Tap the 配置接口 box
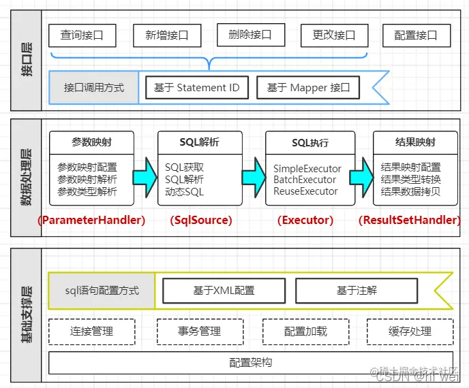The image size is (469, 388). pyautogui.click(x=417, y=35)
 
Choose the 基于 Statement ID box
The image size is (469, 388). pyautogui.click(x=197, y=88)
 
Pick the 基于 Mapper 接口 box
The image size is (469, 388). pyautogui.click(x=308, y=88)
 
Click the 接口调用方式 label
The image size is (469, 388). pyautogui.click(x=94, y=88)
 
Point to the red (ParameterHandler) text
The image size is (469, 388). pyautogui.click(x=91, y=220)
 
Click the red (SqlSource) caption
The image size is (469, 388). pyautogui.click(x=200, y=220)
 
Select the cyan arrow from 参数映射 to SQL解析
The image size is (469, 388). pyautogui.click(x=144, y=174)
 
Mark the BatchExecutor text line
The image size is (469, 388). pyautogui.click(x=305, y=180)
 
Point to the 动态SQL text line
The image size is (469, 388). pyautogui.click(x=184, y=192)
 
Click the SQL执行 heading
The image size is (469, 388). pyautogui.click(x=309, y=143)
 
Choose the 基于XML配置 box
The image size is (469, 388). pyautogui.click(x=224, y=291)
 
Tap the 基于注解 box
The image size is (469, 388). pyautogui.click(x=357, y=291)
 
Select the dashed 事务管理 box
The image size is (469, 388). pyautogui.click(x=199, y=332)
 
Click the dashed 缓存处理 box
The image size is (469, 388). pyautogui.click(x=410, y=332)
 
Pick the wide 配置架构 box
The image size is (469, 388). pyautogui.click(x=251, y=363)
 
